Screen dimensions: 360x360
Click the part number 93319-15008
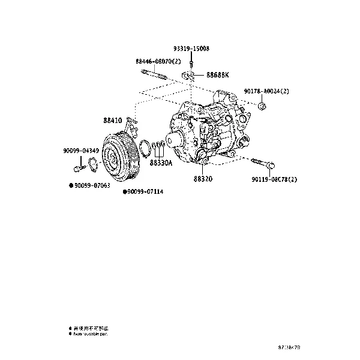click(192, 48)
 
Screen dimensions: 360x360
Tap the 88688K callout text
click(218, 76)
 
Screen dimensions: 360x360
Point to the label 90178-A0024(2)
click(266, 91)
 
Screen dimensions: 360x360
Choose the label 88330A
click(161, 163)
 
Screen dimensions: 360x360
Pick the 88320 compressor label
click(203, 179)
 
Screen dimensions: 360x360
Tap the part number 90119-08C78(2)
click(274, 179)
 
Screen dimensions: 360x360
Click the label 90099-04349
click(81, 150)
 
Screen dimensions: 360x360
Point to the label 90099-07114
click(145, 192)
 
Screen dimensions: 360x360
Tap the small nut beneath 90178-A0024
click(262, 106)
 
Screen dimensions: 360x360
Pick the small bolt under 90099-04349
click(79, 162)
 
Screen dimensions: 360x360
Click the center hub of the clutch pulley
click(110, 158)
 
